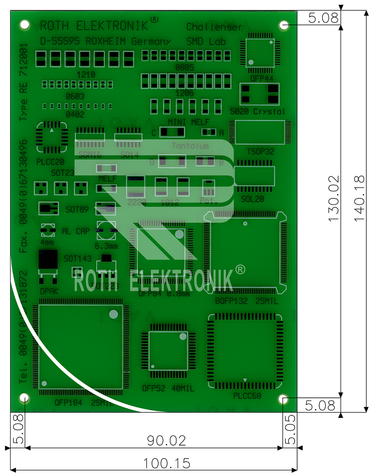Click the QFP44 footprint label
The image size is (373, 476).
click(262, 79)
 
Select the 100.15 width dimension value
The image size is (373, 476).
click(167, 463)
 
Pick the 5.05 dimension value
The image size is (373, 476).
click(290, 429)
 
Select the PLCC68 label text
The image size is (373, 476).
click(247, 395)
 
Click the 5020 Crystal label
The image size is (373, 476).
click(258, 111)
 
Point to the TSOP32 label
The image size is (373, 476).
click(260, 152)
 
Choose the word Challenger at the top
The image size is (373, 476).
click(214, 27)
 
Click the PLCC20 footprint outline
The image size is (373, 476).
click(51, 137)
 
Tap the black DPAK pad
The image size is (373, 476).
click(48, 260)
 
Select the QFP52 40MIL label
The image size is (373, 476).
click(168, 389)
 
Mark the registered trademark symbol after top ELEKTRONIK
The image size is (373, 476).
click(154, 20)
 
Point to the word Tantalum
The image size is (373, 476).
click(190, 146)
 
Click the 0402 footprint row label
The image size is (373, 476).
click(75, 115)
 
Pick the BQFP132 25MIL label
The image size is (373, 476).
click(247, 301)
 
